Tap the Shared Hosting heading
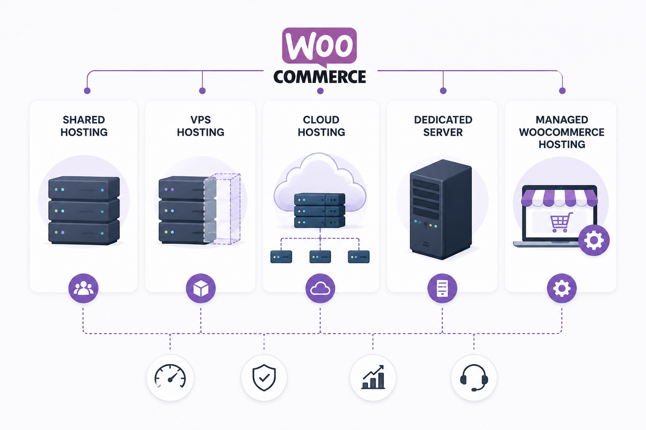pos(84,126)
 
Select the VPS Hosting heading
pos(201,126)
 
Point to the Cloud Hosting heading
pos(321,126)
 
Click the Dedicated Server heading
pos(443,126)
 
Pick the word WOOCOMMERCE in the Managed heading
pos(561,132)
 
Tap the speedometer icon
pos(170,377)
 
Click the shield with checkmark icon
pos(264,378)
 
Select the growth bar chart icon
pos(373,377)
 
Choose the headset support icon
pos(474,378)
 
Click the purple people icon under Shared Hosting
pos(83,288)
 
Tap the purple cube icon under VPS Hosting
pos(201,288)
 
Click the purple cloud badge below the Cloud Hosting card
pos(320,288)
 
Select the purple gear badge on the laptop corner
pos(594,240)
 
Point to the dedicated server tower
pos(441,210)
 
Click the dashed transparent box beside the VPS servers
pos(222,209)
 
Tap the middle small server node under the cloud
pos(320,257)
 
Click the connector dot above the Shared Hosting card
pos(87,91)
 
